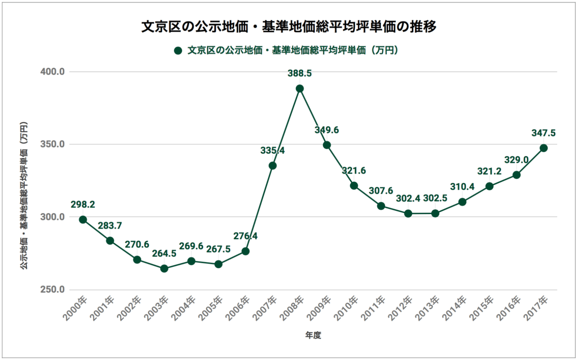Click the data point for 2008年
[x=300, y=89]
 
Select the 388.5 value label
[x=300, y=73]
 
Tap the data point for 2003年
[x=164, y=269]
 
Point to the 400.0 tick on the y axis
[x=52, y=72]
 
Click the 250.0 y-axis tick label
[x=52, y=290]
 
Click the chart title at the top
[x=288, y=27]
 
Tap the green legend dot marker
[x=178, y=51]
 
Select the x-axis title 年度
[x=313, y=336]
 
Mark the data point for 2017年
[x=544, y=148]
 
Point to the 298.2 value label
[x=83, y=204]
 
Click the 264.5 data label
[x=164, y=254]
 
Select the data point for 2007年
[x=273, y=166]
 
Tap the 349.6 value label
[x=327, y=130]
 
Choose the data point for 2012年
[x=408, y=214]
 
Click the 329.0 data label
[x=517, y=160]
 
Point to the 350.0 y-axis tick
[x=52, y=144]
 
